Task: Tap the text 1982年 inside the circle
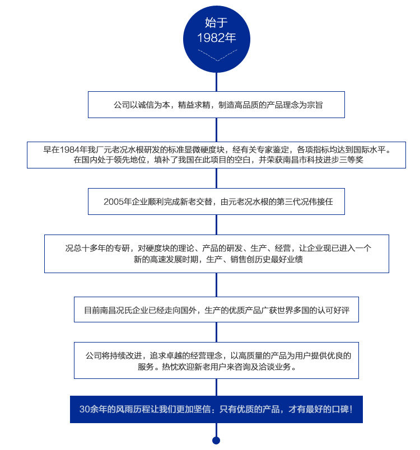click(216, 38)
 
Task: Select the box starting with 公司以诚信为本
click(216, 104)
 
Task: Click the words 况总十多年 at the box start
click(87, 248)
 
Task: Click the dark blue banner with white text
click(216, 409)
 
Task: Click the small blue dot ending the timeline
click(216, 440)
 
